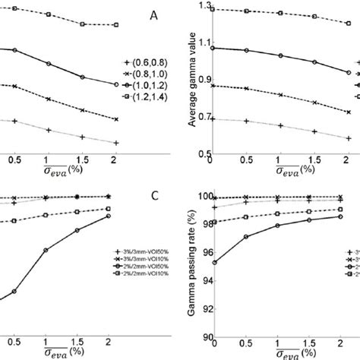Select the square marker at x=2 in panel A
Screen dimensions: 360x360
(x=115, y=24)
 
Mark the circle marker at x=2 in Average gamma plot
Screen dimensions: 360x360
(x=348, y=72)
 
